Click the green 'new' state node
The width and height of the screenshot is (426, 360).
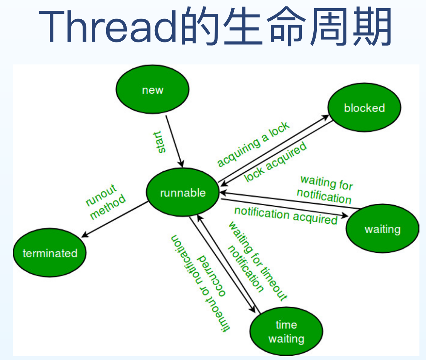153,90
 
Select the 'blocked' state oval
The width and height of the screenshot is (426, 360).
364,108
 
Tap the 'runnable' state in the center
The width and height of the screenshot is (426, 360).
183,193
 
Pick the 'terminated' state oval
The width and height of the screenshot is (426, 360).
50,253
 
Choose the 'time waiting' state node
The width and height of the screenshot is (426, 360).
286,331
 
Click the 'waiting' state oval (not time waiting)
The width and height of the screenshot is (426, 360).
382,229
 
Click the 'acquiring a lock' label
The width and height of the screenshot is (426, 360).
253,144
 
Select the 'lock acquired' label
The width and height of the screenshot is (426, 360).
276,162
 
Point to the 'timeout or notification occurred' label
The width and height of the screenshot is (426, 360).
201,282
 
